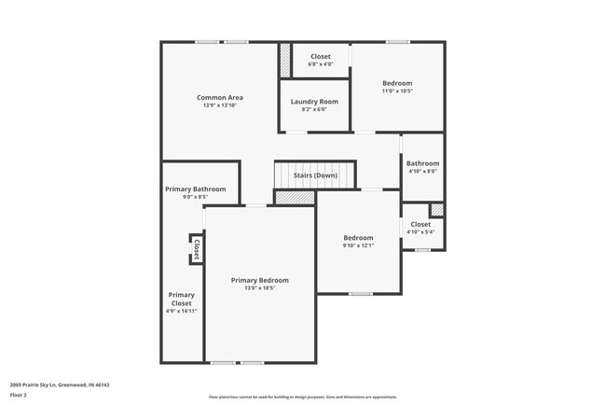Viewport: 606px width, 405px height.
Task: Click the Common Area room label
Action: point(220,97)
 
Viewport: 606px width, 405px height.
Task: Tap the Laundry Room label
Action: point(314,101)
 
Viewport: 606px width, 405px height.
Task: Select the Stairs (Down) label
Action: point(315,175)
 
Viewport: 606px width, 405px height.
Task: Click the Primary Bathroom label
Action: point(196,189)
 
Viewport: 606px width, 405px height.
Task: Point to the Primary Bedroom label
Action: point(260,280)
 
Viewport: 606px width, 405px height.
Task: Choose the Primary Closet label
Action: point(182,299)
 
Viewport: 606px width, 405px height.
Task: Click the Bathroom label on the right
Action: point(422,163)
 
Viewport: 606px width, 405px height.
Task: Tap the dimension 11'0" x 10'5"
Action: point(397,91)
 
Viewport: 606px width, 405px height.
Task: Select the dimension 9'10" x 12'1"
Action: point(358,245)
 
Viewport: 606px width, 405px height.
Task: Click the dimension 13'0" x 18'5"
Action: point(260,288)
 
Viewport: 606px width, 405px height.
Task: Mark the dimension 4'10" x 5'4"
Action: point(420,232)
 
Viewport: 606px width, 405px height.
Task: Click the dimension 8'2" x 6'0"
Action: point(314,109)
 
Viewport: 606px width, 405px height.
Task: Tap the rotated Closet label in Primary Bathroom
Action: point(197,249)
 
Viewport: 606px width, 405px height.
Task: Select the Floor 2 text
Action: point(20,395)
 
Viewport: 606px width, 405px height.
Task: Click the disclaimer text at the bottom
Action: point(302,397)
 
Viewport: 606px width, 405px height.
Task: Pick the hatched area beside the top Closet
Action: point(285,62)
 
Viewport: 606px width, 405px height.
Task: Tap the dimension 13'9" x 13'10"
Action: point(220,105)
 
